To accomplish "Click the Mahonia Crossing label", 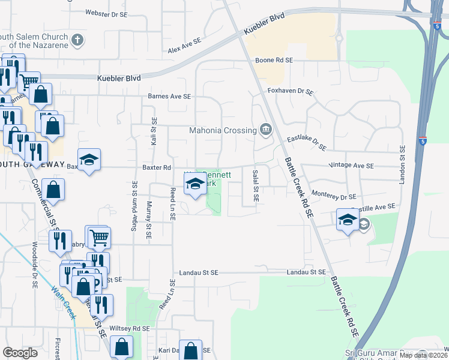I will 222,130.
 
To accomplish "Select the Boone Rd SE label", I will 274,61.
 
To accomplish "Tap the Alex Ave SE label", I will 184,45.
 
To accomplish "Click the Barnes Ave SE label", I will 169,96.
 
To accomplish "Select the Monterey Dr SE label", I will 334,196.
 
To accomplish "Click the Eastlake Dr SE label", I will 306,143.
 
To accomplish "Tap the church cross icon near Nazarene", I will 77,41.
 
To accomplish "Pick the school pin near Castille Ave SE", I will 348,220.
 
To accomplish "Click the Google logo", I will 20,353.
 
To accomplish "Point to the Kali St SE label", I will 154,131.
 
